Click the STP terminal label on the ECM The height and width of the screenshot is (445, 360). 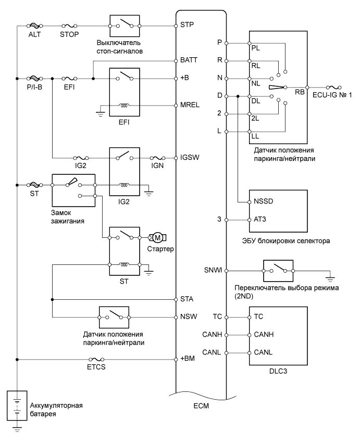[187, 24]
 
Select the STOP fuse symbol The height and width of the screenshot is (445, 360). [69, 24]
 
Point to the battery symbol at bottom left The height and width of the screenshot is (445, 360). [17, 405]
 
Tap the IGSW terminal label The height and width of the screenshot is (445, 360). [190, 157]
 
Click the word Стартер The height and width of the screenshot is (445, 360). [161, 249]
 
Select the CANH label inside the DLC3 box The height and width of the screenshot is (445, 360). [264, 335]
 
